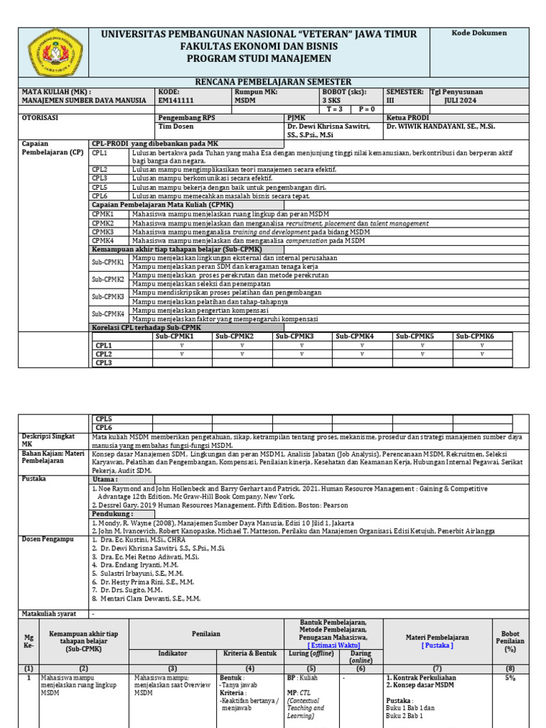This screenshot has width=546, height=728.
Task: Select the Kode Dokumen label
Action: pyautogui.click(x=483, y=33)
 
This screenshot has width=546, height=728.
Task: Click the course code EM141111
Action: pyautogui.click(x=176, y=100)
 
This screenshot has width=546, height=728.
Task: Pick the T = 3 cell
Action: pyautogui.click(x=334, y=109)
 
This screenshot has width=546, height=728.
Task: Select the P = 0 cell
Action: pyautogui.click(x=367, y=109)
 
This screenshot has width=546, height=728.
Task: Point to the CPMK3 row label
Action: pyautogui.click(x=103, y=232)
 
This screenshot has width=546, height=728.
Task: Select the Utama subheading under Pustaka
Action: pyautogui.click(x=104, y=479)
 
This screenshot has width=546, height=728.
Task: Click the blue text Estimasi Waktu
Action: pyautogui.click(x=333, y=645)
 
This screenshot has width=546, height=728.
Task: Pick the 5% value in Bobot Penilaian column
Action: pyautogui.click(x=510, y=678)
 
